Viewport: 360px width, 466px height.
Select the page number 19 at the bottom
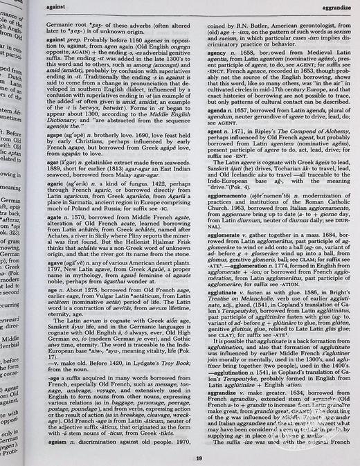[198, 458]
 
